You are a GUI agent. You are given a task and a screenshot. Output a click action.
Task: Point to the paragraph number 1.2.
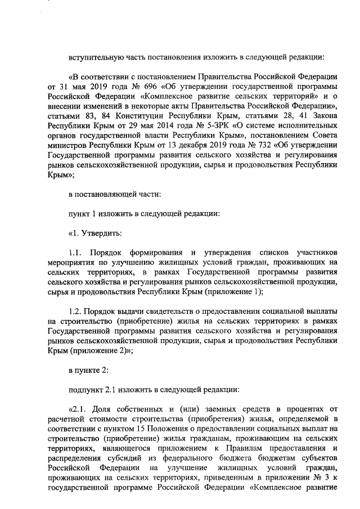pyautogui.click(x=74, y=312)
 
